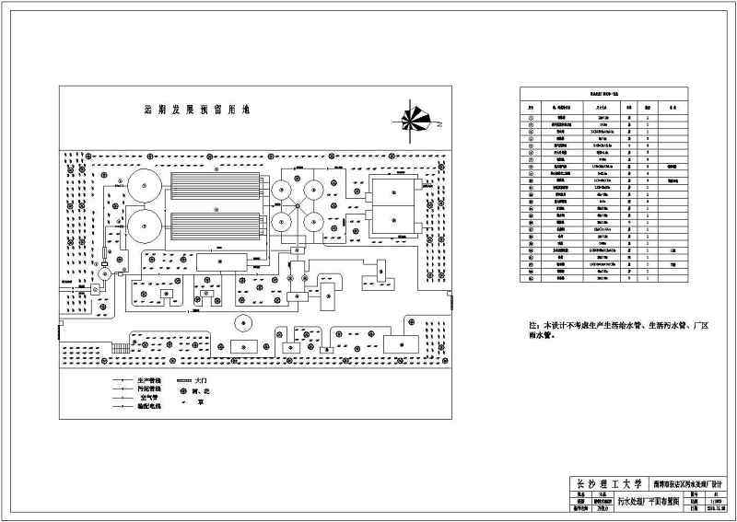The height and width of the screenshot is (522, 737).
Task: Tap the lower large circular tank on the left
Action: coord(145,226)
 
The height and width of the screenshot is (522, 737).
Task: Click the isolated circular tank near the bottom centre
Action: coord(243,323)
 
